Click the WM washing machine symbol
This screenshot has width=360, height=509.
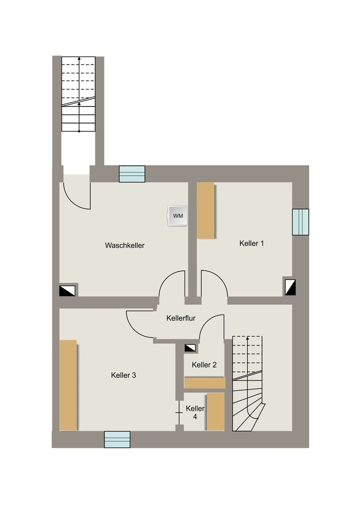click(x=177, y=216)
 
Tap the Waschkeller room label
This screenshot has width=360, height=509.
click(x=125, y=246)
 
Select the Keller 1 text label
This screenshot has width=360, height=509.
click(x=252, y=243)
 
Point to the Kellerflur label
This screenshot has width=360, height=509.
click(x=181, y=318)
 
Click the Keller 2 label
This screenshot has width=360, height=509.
click(x=204, y=365)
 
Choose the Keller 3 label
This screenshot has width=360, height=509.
click(x=123, y=375)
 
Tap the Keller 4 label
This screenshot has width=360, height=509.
click(x=195, y=412)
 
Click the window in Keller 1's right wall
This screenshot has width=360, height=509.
click(x=300, y=222)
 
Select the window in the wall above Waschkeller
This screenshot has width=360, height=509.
click(x=132, y=174)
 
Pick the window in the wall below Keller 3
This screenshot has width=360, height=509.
click(x=117, y=439)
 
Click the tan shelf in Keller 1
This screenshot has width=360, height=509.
click(x=206, y=210)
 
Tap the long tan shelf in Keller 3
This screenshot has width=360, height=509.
click(x=68, y=385)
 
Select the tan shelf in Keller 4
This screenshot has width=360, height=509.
click(x=215, y=412)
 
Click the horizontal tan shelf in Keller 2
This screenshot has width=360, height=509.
click(x=204, y=383)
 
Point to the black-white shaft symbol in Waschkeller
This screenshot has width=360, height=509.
click(x=67, y=290)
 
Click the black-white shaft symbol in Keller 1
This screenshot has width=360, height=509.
click(x=290, y=287)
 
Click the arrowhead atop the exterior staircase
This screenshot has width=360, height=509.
click(x=79, y=59)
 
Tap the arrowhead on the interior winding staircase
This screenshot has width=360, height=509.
click(x=248, y=339)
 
